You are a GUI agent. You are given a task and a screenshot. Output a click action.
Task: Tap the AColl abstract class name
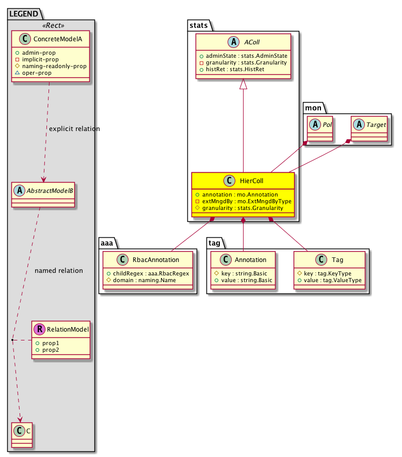point(249,43)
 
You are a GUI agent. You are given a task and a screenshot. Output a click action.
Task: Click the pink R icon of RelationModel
point(41,329)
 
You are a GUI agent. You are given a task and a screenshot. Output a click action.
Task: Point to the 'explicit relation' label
point(73,128)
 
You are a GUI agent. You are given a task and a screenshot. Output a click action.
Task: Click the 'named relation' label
point(58,271)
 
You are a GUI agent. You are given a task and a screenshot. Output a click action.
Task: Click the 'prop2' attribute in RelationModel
point(48,351)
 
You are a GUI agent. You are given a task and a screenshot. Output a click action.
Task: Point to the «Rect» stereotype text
point(51,25)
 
